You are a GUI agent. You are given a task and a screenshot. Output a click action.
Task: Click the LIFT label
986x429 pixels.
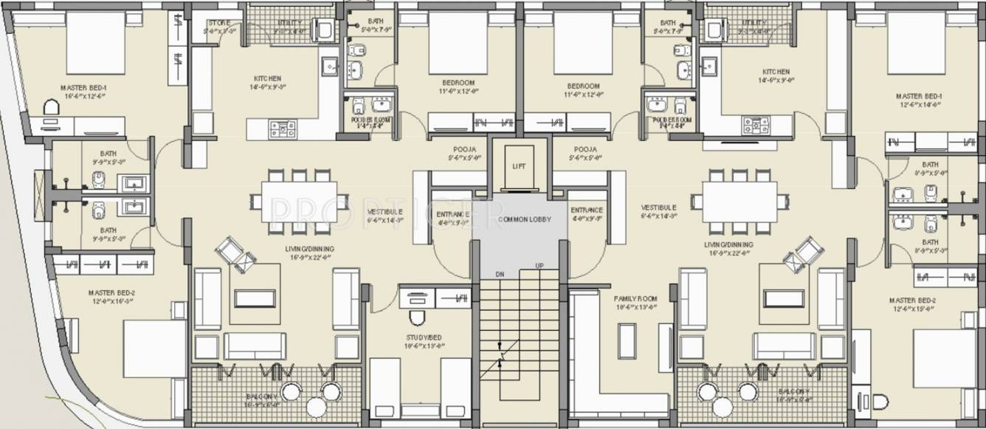pos(520,167)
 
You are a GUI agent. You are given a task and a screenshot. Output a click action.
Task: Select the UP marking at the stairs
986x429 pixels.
pos(539,266)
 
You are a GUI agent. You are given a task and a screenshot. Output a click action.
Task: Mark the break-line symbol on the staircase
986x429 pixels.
pos(500,353)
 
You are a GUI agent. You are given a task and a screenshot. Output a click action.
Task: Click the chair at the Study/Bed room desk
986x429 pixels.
pos(417,318)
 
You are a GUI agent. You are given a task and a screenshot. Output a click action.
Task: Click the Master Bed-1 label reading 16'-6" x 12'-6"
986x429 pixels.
pos(83,92)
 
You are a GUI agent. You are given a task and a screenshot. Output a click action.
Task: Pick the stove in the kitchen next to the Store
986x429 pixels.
pos(283,128)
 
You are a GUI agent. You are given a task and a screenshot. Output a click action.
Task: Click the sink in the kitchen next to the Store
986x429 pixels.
pos(329,66)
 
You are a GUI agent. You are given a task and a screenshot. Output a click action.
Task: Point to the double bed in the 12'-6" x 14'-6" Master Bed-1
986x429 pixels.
pos(916,42)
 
